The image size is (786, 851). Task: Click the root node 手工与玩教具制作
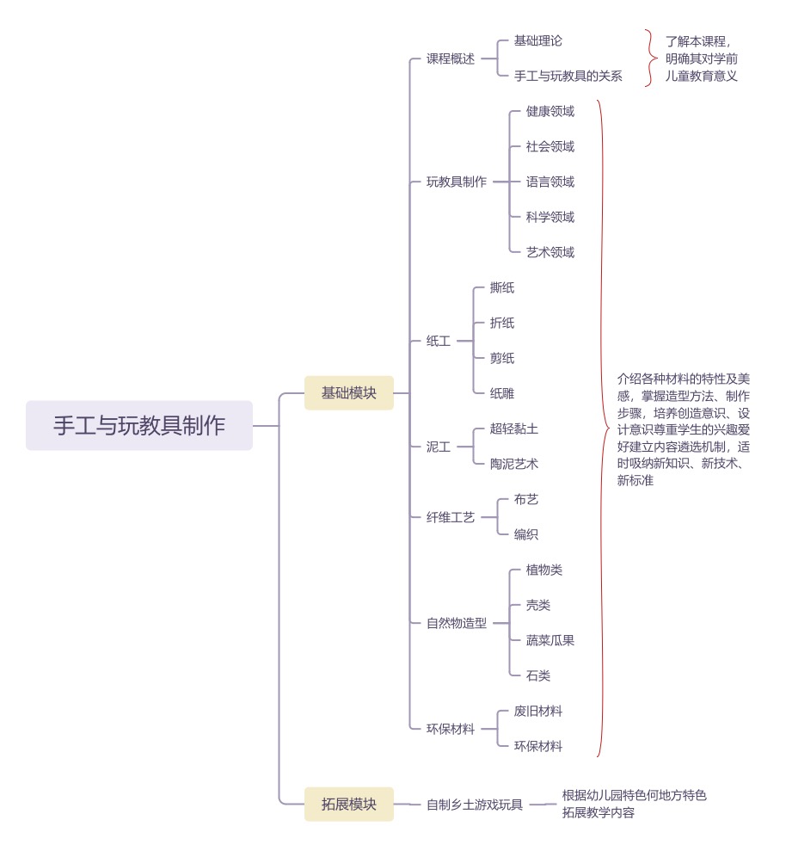[x=139, y=426]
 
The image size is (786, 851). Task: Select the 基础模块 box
[x=348, y=393]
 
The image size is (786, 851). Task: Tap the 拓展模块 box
[x=348, y=805]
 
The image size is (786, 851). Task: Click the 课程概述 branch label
[x=451, y=59]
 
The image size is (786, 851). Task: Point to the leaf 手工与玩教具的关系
[x=568, y=77]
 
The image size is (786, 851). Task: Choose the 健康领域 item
[x=550, y=111]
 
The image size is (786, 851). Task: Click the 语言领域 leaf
[x=550, y=182]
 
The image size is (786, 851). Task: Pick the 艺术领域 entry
[x=550, y=252]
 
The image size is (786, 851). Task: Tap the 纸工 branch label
[x=439, y=341]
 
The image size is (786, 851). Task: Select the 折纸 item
[x=501, y=323]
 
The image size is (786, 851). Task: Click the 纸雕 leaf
[x=501, y=393]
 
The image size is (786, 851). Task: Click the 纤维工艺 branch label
[x=451, y=517]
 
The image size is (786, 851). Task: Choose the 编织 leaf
[x=525, y=534]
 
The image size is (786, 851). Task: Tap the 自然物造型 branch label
[x=457, y=623]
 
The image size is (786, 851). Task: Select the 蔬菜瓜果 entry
[x=550, y=640]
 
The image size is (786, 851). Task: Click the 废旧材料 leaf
[x=537, y=711]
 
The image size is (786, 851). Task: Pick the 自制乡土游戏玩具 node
[x=475, y=805]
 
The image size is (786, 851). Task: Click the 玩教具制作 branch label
[x=457, y=182]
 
